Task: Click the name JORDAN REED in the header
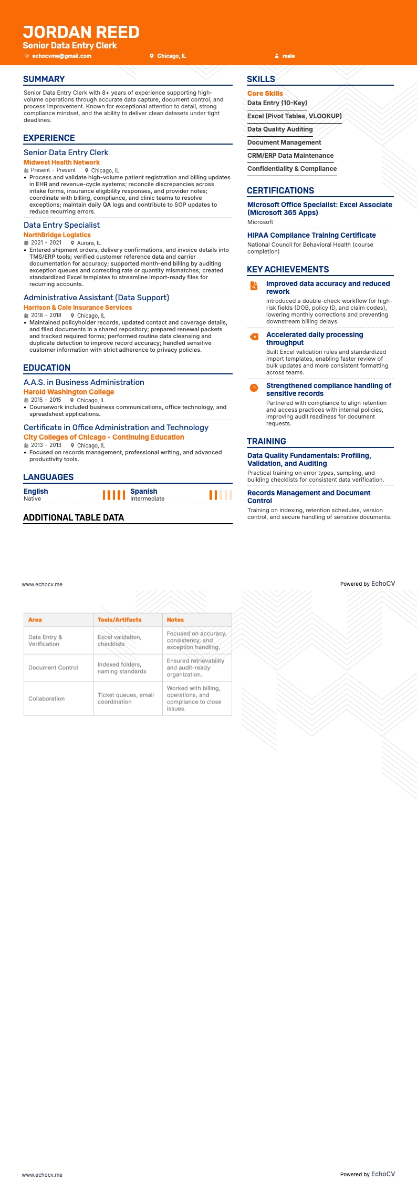pos(81,32)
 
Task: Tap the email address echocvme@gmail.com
pos(61,56)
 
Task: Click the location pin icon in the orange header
pos(152,56)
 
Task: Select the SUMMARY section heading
pos(44,79)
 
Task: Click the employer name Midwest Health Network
pos(61,162)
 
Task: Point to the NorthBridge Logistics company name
pos(57,235)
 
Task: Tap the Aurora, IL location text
pos(89,243)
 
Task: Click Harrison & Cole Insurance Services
pos(78,308)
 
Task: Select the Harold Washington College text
pos(69,392)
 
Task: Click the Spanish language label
pos(144,491)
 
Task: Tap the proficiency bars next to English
pos(113,495)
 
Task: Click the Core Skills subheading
pos(265,94)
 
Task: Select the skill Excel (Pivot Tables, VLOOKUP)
pos(295,116)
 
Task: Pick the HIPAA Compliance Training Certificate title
pos(311,235)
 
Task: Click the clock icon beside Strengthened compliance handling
pos(254,388)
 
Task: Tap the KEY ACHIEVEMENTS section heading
pos(288,269)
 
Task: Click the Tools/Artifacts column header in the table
pos(119,620)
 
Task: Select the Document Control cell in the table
pos(53,668)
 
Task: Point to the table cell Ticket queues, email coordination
pos(126,698)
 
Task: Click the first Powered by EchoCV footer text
pos(367,584)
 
